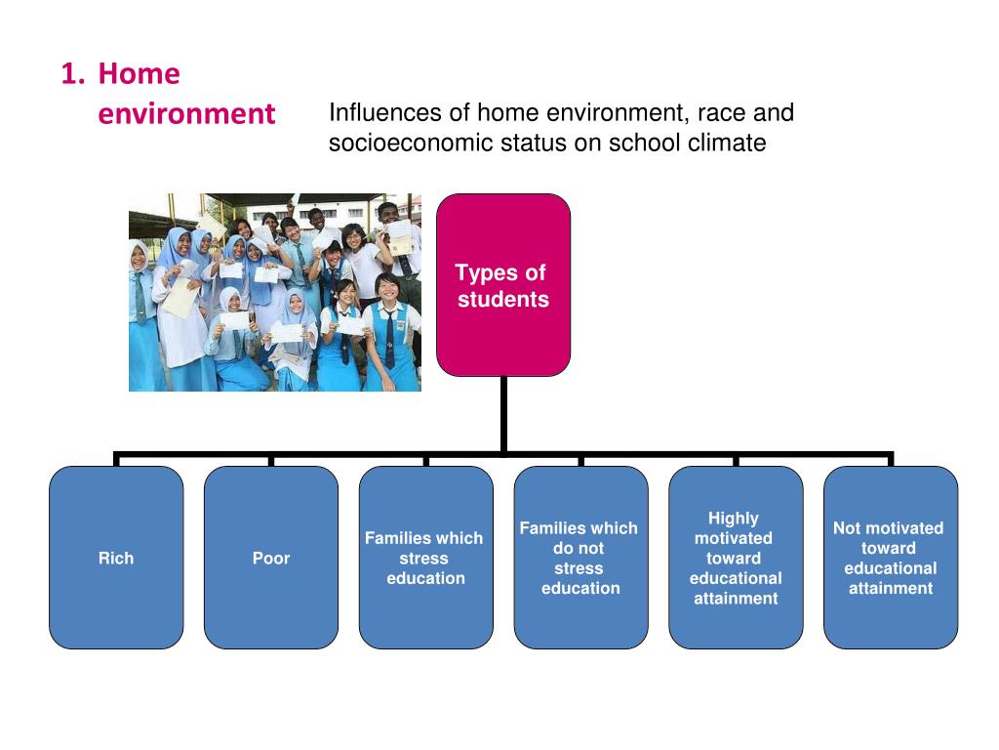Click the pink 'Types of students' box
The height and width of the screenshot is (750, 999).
click(502, 284)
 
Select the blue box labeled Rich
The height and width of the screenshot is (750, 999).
click(116, 558)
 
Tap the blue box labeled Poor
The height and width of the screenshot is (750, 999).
click(271, 558)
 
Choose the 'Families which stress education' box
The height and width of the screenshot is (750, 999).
click(425, 558)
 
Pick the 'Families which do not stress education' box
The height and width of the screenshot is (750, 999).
click(580, 558)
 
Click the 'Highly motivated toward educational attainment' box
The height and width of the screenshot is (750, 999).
click(736, 558)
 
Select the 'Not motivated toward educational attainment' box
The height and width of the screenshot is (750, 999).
click(890, 558)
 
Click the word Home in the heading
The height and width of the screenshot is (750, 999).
click(140, 73)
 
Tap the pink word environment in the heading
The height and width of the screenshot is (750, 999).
click(186, 113)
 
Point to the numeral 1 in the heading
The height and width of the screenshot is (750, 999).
click(67, 73)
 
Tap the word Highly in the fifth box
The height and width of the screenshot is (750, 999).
click(734, 519)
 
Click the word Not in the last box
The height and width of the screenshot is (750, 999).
click(848, 528)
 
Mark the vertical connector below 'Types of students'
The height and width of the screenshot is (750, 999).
click(503, 415)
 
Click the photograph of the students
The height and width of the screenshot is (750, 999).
click(275, 292)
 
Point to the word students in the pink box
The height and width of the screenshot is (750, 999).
click(503, 299)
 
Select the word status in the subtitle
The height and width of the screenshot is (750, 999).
click(535, 143)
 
